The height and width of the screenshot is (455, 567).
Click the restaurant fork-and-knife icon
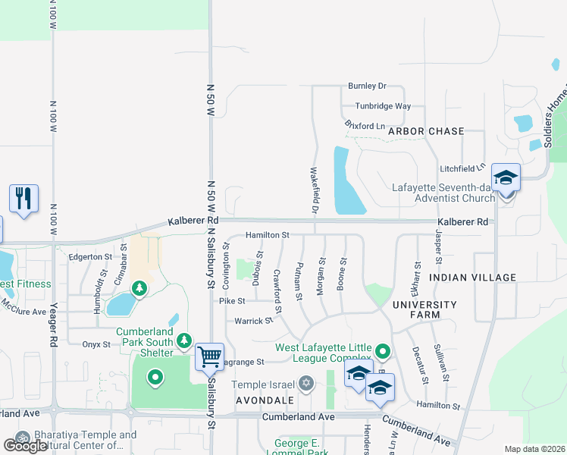coord(23,199)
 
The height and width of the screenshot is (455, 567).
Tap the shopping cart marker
coord(209,356)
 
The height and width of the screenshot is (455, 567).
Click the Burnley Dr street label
coord(367,86)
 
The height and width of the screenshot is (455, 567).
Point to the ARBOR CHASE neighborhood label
coord(425,131)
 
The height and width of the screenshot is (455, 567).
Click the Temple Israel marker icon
coord(306,384)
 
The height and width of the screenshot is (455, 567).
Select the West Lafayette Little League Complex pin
coord(383,351)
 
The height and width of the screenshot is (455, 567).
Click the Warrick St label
coord(253,321)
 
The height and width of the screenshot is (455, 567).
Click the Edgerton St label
coord(91,256)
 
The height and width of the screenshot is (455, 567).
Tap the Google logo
coord(25,445)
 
